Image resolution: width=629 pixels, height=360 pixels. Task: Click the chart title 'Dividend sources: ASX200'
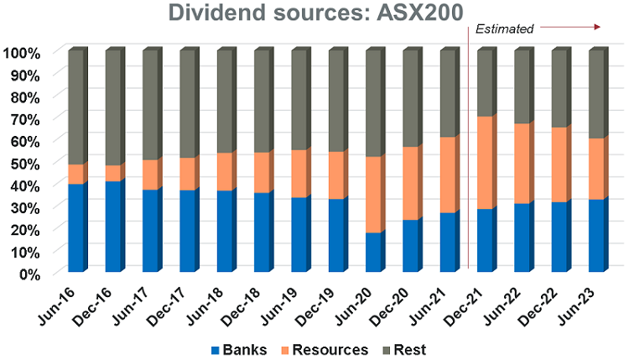point(314,13)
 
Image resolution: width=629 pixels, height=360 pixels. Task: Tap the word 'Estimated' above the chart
point(504,29)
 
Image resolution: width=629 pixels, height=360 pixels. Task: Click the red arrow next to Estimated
point(570,28)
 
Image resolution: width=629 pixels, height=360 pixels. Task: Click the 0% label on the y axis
point(28,274)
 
